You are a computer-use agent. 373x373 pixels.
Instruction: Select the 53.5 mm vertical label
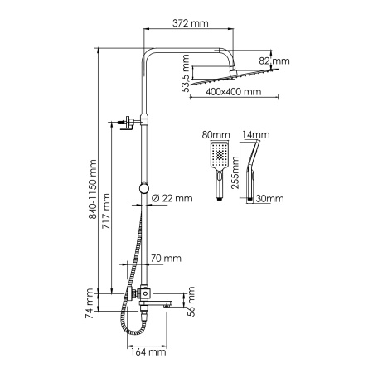(186, 68)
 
